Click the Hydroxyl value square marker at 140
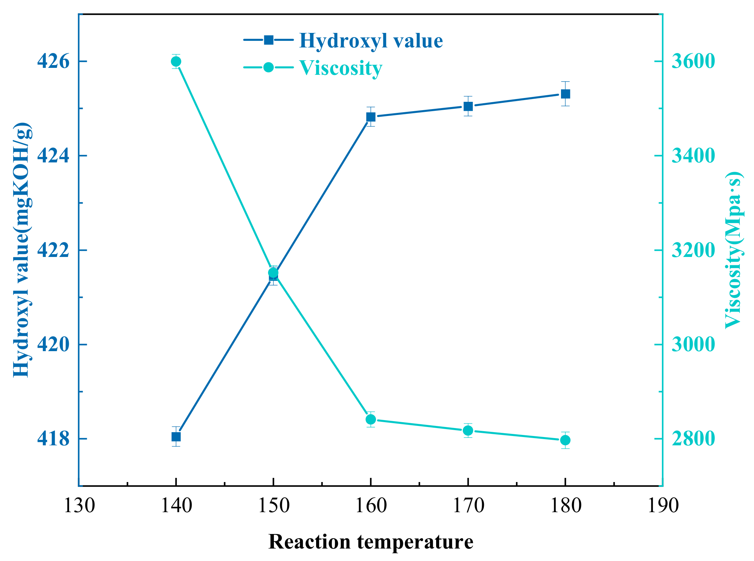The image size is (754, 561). [176, 437]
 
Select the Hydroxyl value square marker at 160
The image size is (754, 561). [371, 117]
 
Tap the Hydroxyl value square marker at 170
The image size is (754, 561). [468, 106]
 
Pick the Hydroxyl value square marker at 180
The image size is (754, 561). [565, 94]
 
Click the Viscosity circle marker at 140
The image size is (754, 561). [176, 62]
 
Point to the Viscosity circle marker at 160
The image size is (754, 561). [371, 419]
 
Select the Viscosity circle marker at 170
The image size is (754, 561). [468, 430]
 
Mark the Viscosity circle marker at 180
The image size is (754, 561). [565, 440]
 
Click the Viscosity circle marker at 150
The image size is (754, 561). [274, 273]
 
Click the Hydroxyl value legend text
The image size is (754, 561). [371, 41]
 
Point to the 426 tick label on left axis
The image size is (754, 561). [53, 62]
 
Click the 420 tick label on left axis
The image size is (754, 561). [53, 345]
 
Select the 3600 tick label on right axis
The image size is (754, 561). [693, 62]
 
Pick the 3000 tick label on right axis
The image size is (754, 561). [693, 345]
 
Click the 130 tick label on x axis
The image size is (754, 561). [79, 506]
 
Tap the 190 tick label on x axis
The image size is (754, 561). [663, 506]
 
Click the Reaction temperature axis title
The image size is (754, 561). [371, 542]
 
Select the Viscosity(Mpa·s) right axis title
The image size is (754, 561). [733, 250]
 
